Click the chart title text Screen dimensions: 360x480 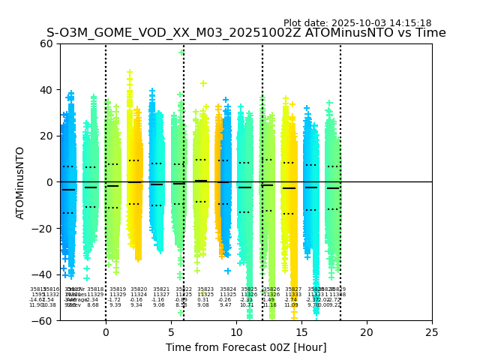(246, 33)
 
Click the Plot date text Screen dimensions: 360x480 (357, 23)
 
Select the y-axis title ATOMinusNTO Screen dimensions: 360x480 (21, 182)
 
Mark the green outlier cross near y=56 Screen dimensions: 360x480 (181, 52)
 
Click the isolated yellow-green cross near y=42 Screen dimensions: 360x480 (203, 83)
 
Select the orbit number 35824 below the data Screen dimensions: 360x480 (228, 289)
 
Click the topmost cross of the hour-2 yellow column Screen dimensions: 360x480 (130, 73)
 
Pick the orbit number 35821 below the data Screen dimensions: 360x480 (161, 289)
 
